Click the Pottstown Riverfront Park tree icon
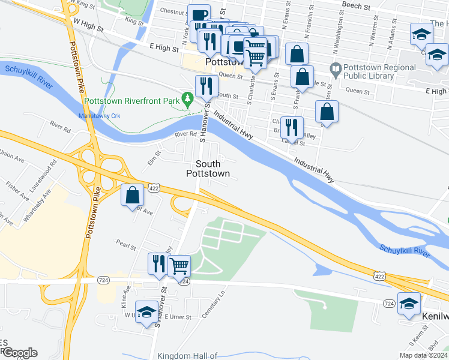[188, 97]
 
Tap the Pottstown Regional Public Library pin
[336, 69]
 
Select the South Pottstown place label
[207, 169]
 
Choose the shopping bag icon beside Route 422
[132, 195]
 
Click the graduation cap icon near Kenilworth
[409, 304]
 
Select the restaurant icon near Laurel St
[291, 127]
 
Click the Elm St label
[154, 159]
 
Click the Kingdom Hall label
[187, 356]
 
